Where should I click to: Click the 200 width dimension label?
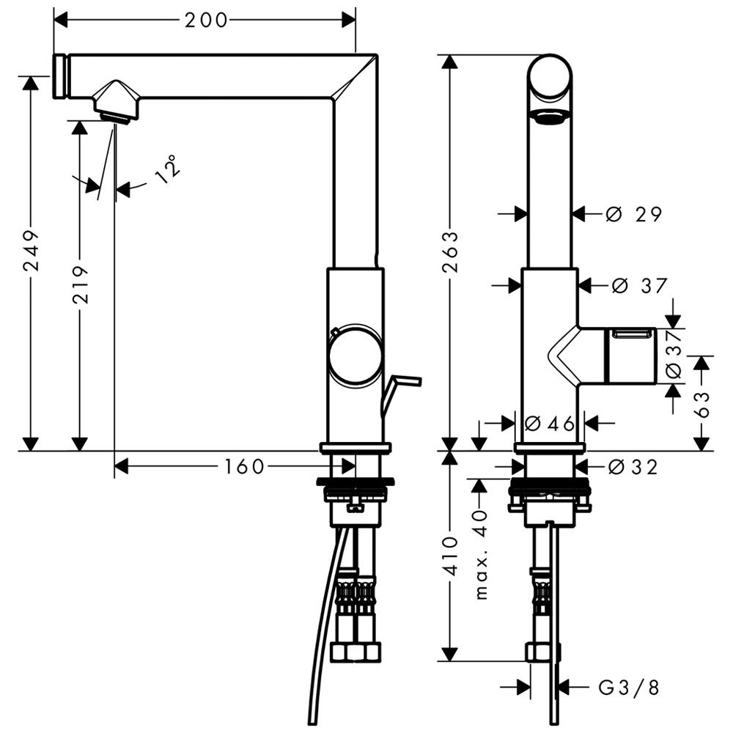point(206,20)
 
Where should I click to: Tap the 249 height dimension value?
point(32,250)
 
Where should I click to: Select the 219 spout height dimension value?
point(81,284)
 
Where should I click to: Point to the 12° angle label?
point(167,169)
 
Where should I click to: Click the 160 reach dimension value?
point(245,466)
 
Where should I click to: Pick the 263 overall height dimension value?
point(451,251)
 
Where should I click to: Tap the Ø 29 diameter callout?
point(634,214)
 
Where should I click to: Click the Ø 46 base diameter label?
point(550,424)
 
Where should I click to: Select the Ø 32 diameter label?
point(633,466)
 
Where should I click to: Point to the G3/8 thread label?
point(629,688)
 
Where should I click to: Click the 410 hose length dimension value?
point(450,556)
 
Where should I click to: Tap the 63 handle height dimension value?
point(701,404)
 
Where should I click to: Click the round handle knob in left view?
point(356,355)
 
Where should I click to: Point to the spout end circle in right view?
point(550,77)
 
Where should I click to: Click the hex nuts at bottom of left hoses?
point(355,652)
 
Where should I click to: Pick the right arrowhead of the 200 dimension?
point(349,20)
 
